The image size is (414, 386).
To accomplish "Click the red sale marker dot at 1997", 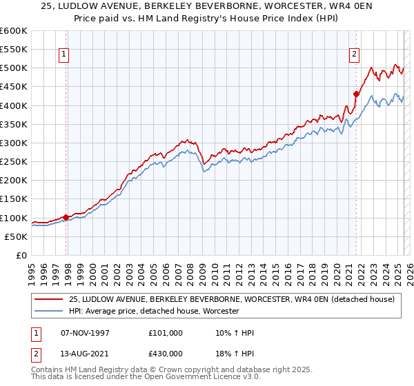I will [66, 217].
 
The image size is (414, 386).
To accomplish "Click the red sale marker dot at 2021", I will [356, 94].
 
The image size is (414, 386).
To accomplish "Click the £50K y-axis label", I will [16, 236].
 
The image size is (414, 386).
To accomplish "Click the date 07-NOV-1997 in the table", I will [85, 333].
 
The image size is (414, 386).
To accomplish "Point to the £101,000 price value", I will [166, 333].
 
